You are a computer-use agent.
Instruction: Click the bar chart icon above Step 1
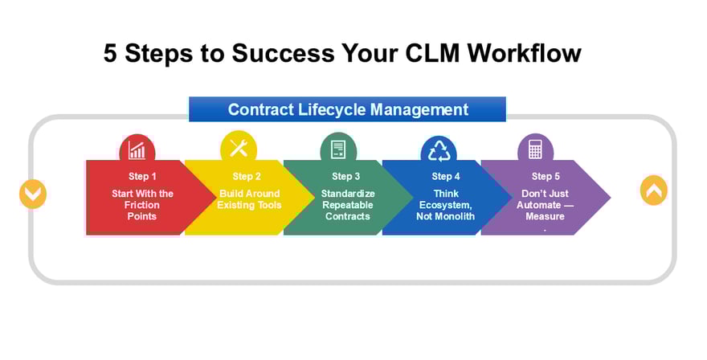(137, 150)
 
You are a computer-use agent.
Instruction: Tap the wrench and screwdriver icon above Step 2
(239, 148)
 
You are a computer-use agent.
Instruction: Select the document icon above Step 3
(338, 149)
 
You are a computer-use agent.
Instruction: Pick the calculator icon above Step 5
(535, 149)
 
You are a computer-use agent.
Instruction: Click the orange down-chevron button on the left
(33, 194)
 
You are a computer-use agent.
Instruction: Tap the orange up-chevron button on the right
(654, 190)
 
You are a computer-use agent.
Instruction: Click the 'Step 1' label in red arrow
(143, 176)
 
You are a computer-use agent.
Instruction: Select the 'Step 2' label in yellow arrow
(247, 176)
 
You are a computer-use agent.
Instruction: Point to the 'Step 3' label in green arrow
(346, 176)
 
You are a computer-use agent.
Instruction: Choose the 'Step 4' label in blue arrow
(446, 176)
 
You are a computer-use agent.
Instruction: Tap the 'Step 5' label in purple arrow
(546, 176)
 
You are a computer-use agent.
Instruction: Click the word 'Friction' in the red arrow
(143, 205)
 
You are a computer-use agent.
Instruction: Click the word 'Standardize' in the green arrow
(348, 194)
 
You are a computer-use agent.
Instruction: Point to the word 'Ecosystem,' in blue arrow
(446, 205)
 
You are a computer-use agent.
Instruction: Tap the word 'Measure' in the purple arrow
(545, 216)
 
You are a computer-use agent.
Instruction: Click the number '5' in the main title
(111, 53)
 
